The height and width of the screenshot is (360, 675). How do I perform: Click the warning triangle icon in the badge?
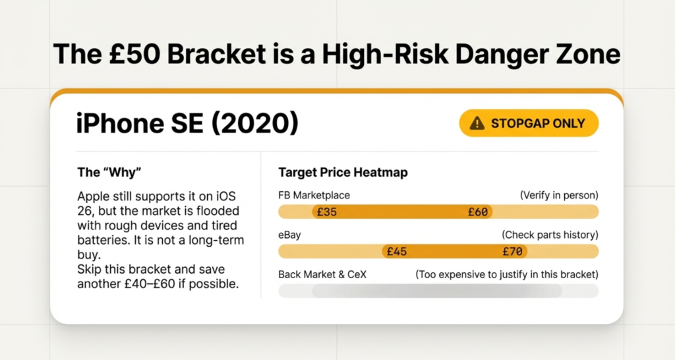(x=477, y=123)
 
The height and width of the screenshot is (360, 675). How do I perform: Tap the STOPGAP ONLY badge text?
(x=538, y=123)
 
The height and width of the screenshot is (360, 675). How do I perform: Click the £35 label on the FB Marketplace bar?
(x=327, y=212)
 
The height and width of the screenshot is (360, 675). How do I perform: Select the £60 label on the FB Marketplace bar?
(x=478, y=212)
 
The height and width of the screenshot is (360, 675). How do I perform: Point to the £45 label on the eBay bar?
(x=396, y=251)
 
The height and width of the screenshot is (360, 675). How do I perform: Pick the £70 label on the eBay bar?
(x=513, y=251)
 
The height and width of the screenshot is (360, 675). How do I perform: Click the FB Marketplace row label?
(x=314, y=196)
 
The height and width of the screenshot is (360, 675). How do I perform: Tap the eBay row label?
(x=290, y=235)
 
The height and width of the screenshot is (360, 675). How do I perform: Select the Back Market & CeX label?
(x=322, y=275)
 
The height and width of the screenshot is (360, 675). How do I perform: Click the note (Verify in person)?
(x=559, y=196)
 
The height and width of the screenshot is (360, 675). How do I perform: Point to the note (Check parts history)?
(x=550, y=235)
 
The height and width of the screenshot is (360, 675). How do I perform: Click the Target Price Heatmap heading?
(x=343, y=173)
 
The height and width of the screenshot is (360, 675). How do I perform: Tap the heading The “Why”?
(x=109, y=172)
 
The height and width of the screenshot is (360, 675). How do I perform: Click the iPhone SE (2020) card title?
(x=187, y=123)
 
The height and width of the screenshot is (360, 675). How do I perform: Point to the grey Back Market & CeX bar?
(x=438, y=291)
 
